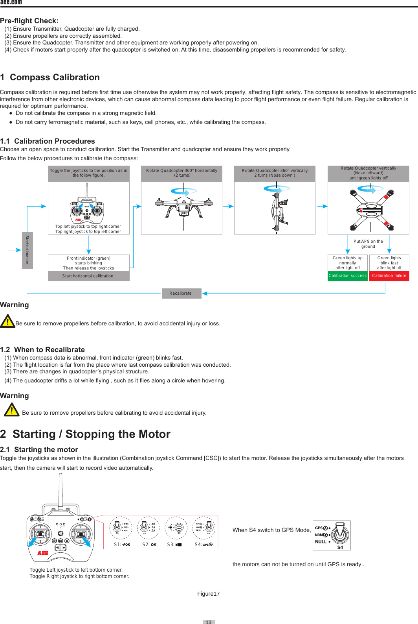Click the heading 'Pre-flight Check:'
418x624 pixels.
29,21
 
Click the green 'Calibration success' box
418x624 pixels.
347,276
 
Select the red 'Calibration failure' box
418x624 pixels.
389,276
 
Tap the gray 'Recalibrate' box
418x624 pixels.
181,294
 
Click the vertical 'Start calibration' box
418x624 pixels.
27,250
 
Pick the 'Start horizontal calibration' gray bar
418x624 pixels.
88,276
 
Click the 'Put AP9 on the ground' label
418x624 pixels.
368,244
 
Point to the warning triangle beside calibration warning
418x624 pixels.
7,321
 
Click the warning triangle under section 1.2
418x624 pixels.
12,410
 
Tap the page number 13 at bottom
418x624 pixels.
209,622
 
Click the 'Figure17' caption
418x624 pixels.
208,594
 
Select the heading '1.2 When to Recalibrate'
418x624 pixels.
42,350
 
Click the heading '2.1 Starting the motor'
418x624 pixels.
39,450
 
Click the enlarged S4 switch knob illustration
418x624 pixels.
340,533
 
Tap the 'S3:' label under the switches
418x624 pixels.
170,545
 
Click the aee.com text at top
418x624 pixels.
11,2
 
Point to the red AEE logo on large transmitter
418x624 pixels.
43,553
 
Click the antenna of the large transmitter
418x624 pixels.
60,490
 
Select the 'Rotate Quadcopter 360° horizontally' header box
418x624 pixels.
181,173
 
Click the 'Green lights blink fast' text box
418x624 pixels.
389,263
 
